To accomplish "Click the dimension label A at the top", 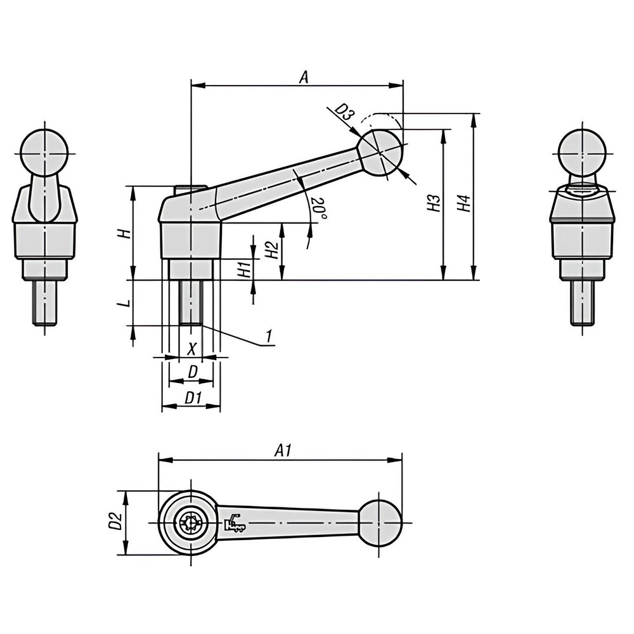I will [304, 77].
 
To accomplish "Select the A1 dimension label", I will [283, 451].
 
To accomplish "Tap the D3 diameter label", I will [344, 113].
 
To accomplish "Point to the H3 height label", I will [434, 204].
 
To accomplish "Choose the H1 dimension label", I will [243, 269].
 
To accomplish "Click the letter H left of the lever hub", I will [127, 233].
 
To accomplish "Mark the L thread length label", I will [127, 303].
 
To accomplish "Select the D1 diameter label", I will [193, 398].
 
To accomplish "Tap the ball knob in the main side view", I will [379, 153].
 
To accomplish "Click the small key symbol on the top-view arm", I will [234, 523].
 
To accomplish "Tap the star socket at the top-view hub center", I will [190, 523].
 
